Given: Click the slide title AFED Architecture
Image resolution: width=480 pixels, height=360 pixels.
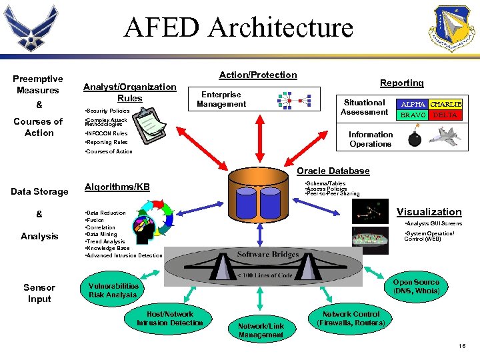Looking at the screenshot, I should [x=239, y=27].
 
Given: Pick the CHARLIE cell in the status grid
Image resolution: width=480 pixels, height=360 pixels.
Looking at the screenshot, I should [x=445, y=105].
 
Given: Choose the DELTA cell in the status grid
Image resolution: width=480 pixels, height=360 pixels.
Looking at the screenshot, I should [x=445, y=115].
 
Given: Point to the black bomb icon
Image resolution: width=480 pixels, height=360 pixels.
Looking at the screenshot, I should [x=413, y=138].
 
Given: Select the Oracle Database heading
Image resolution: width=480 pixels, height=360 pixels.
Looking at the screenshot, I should [x=333, y=171].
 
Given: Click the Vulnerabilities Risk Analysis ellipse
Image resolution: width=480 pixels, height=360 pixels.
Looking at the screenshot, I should [x=113, y=290].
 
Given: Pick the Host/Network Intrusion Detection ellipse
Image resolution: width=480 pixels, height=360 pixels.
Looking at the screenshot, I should [x=169, y=319].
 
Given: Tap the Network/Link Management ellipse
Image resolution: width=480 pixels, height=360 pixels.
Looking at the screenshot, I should [x=261, y=330].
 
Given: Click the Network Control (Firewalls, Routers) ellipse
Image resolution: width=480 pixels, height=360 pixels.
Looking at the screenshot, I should [x=351, y=319].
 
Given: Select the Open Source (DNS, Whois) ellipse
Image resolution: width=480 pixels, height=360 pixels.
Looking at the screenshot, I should [x=416, y=287].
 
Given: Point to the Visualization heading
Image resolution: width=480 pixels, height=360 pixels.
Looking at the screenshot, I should [x=429, y=212].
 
